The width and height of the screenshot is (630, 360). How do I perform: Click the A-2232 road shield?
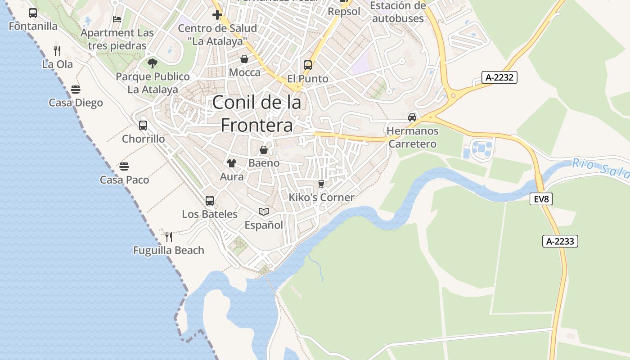[499, 77]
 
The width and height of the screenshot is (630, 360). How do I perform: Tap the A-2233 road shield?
[560, 241]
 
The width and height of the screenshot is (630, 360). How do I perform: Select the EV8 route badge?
[540, 199]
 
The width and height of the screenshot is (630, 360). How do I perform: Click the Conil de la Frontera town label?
[256, 114]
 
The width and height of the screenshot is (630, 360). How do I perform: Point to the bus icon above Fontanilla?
[33, 13]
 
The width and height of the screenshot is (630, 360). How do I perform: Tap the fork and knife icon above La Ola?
[57, 50]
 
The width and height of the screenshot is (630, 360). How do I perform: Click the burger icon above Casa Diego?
[76, 89]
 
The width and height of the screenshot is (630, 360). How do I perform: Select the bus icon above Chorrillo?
[143, 126]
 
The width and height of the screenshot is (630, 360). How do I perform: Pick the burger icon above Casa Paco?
[124, 166]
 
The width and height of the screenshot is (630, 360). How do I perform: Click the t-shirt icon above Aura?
[231, 163]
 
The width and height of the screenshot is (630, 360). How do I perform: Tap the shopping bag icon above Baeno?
[264, 150]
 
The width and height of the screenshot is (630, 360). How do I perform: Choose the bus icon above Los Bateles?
[209, 201]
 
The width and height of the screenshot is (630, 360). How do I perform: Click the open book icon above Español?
[264, 211]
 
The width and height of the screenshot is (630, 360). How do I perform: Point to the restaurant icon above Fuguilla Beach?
[169, 237]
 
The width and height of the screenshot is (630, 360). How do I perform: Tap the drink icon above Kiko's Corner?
[321, 184]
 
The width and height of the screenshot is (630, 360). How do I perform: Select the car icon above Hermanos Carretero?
[412, 117]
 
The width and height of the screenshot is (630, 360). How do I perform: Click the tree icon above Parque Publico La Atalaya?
[153, 63]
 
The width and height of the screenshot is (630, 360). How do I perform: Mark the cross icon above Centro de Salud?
[217, 15]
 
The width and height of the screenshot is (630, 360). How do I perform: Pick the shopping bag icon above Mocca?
[244, 59]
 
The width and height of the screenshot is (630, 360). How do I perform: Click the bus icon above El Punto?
[308, 65]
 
